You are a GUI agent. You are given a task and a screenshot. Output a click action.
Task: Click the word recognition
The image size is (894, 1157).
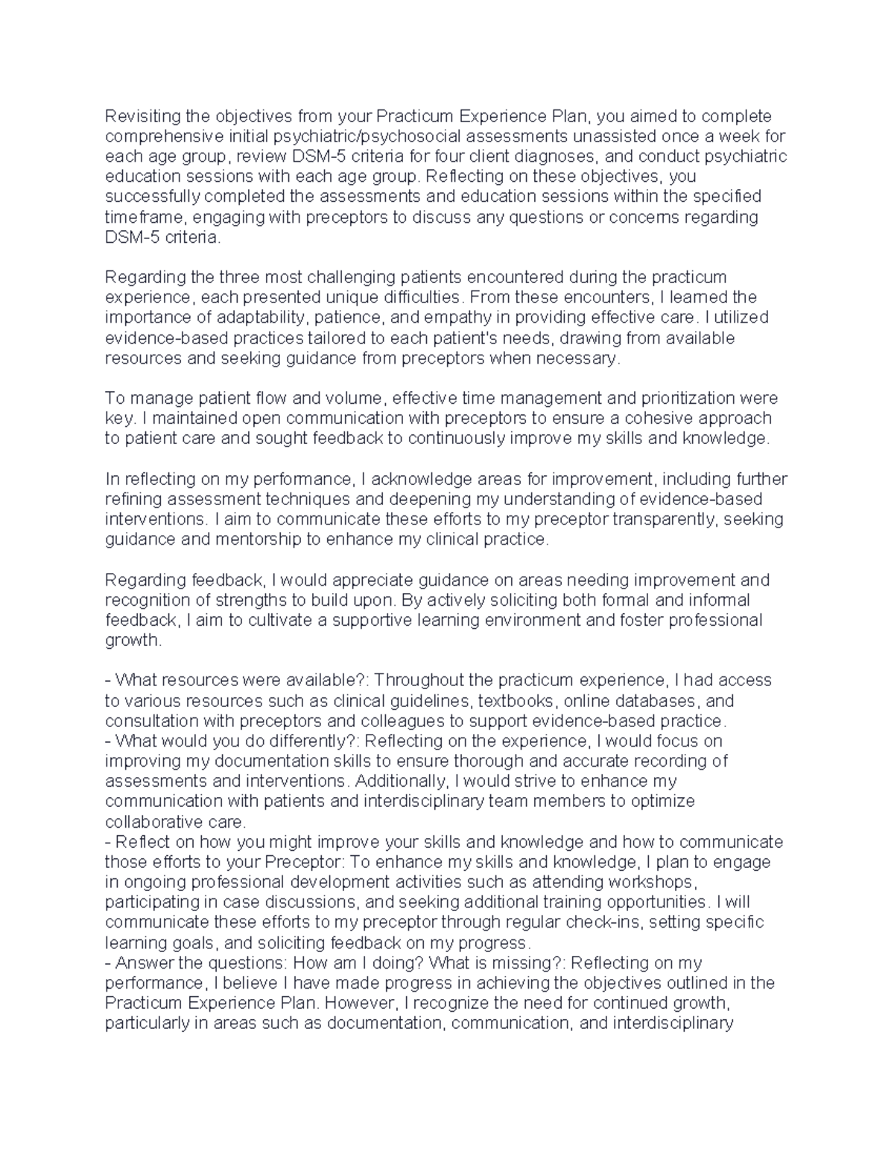pyautogui.click(x=145, y=600)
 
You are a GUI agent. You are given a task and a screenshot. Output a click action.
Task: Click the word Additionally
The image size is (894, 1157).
pyautogui.click(x=402, y=781)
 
